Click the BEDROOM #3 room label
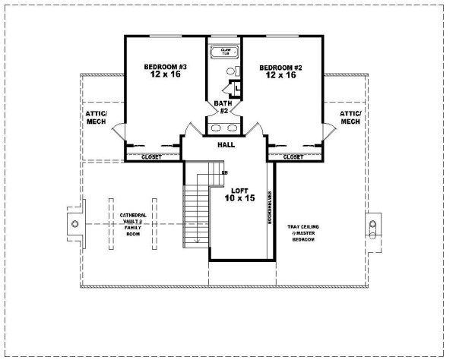(165, 71)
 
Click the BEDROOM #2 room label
(280, 71)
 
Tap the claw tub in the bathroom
(224, 52)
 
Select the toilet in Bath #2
(232, 72)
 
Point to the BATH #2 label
(224, 106)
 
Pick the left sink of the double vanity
(215, 127)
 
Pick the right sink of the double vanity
(234, 127)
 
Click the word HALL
(226, 144)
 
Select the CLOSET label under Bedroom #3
(152, 157)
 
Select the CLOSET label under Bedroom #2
(293, 157)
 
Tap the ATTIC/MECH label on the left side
(96, 117)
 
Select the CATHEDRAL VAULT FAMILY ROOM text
(133, 225)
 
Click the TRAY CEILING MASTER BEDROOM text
(301, 232)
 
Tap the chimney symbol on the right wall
(372, 225)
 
